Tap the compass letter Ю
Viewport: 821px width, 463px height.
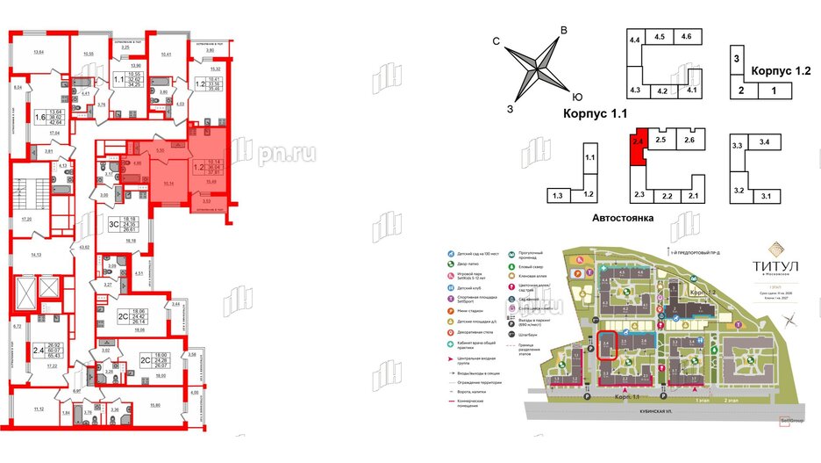(x=576, y=98)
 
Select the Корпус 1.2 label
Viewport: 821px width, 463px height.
(x=782, y=70)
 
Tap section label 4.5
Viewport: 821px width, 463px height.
(x=660, y=37)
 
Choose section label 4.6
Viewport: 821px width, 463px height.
(x=687, y=37)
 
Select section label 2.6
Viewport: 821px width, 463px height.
(x=689, y=141)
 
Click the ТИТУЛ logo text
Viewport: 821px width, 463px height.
(x=776, y=260)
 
